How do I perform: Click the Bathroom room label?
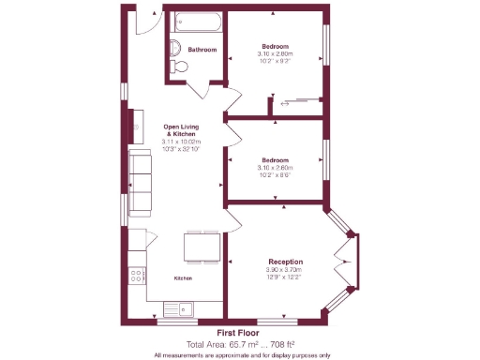202,49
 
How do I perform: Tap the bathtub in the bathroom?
195,23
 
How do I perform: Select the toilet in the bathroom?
182,67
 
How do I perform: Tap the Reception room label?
285,261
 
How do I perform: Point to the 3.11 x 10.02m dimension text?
183,142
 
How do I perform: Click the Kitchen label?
183,278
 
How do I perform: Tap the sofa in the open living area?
140,180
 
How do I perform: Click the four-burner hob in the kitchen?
138,276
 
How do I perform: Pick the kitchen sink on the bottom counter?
178,308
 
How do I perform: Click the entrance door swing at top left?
144,21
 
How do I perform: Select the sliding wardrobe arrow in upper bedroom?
285,105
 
